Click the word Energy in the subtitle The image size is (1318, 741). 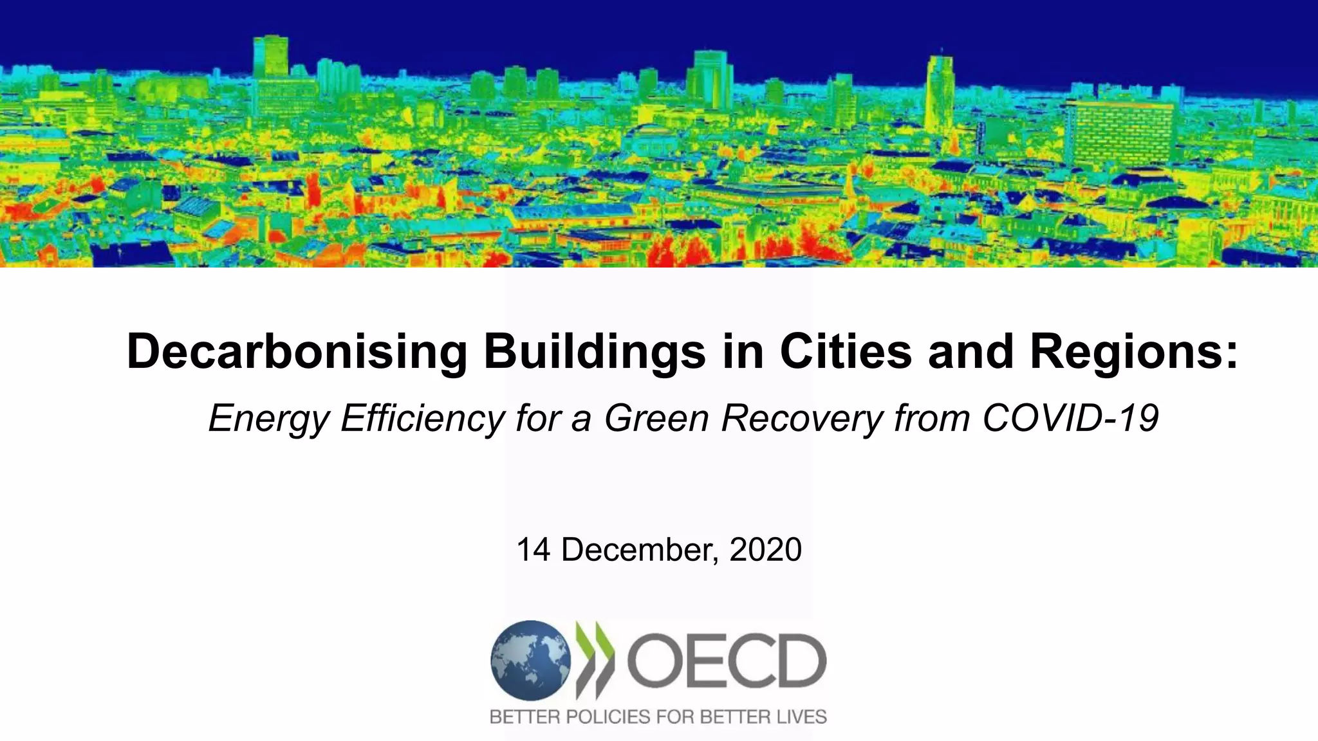pos(269,419)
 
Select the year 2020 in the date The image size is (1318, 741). pos(766,550)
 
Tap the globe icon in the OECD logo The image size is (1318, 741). pos(530,661)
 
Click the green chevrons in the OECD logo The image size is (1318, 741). pos(596,661)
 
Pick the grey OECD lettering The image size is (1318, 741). pos(726,661)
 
